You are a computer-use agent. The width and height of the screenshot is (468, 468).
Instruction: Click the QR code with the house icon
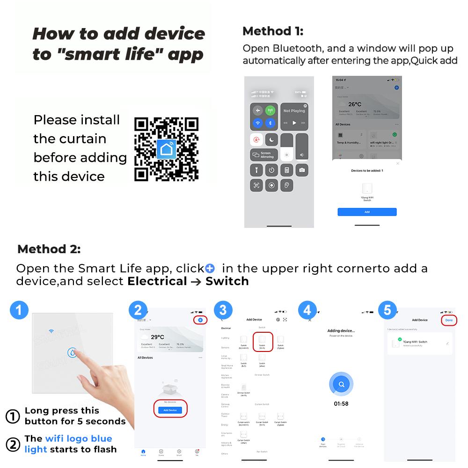[x=166, y=149]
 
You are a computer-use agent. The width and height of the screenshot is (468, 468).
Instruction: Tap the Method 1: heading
[x=273, y=31]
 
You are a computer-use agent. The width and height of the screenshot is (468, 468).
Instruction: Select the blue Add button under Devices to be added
[x=367, y=212]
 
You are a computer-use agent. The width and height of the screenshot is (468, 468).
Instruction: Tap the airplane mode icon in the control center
[x=257, y=110]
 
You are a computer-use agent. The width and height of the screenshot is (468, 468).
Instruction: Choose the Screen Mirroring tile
[x=264, y=155]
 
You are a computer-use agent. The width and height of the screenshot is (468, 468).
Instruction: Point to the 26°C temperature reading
[x=355, y=104]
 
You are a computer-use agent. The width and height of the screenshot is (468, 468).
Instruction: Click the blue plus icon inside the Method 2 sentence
[x=210, y=269]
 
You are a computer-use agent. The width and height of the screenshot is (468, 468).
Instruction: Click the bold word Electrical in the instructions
[x=157, y=281]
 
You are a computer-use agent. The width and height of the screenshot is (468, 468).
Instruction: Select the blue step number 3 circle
[x=223, y=310]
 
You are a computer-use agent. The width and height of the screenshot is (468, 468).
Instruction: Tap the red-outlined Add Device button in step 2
[x=170, y=409]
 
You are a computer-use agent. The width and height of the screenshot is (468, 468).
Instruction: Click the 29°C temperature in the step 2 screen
[x=157, y=336]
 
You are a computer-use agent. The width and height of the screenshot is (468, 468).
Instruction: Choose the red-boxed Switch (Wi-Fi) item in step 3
[x=262, y=343]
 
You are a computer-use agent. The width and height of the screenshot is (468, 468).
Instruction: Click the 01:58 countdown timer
[x=342, y=403]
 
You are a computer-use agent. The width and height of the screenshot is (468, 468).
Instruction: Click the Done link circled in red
[x=448, y=320]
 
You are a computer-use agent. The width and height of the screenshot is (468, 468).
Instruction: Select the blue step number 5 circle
[x=387, y=310]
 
